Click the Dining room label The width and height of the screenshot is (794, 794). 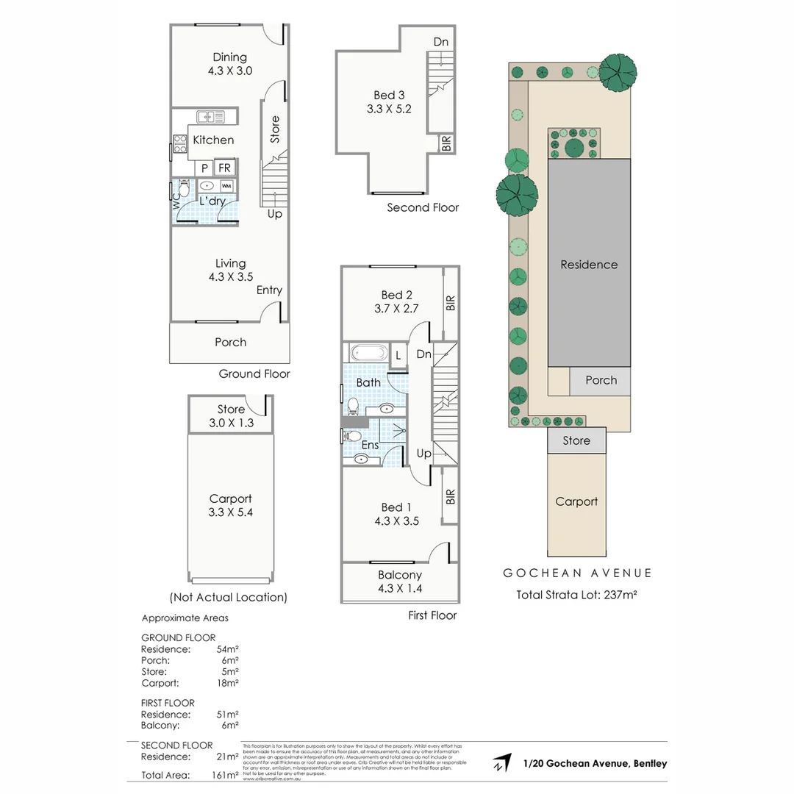229,57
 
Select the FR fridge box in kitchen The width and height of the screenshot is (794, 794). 223,168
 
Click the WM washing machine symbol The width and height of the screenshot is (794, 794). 226,186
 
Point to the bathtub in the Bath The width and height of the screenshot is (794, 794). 365,353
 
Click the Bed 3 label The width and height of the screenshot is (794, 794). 389,95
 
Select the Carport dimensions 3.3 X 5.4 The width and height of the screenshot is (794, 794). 230,512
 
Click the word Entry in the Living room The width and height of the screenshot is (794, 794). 269,290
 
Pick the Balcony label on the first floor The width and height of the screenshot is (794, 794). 400,575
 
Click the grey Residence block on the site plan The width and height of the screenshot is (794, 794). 589,264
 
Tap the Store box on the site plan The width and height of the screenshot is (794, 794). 576,440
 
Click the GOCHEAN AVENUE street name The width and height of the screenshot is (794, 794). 577,573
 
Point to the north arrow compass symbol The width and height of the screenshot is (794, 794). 502,763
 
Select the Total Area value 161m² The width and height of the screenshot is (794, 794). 224,775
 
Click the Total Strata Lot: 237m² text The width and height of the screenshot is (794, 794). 577,595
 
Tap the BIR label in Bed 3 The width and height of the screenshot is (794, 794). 446,143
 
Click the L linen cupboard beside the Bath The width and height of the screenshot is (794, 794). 398,355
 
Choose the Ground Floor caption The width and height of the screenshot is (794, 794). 254,373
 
